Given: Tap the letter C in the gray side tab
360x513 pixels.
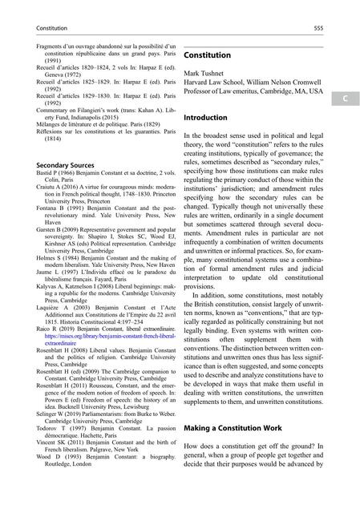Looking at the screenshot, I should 339,100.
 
